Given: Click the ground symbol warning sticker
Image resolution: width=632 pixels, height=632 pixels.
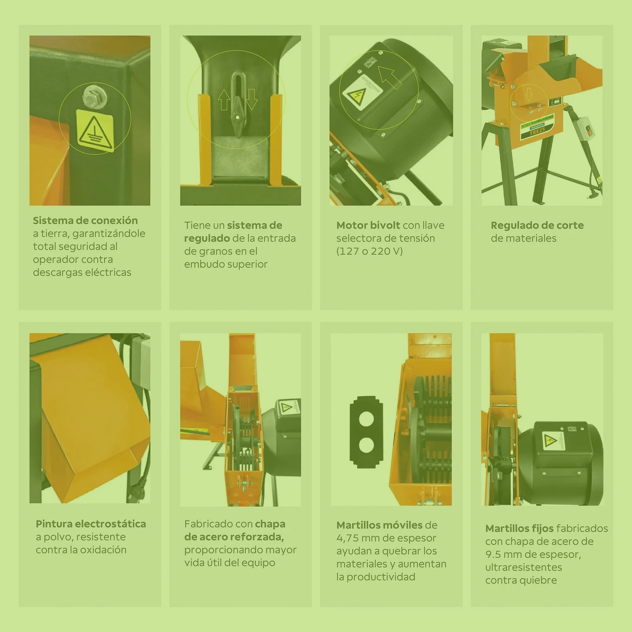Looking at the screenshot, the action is (95, 130).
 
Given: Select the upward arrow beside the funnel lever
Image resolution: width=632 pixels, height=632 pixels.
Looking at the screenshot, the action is (224, 99).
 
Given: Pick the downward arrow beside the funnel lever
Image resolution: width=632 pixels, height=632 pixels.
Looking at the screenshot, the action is (252, 99).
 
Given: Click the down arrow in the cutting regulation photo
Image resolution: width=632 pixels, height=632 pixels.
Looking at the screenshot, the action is (529, 94).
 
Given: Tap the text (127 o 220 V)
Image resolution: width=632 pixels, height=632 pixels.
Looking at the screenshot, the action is (369, 251).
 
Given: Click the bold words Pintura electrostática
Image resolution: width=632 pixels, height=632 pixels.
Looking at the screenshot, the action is (91, 524).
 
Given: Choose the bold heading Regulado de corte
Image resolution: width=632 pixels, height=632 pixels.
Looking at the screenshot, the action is (537, 226).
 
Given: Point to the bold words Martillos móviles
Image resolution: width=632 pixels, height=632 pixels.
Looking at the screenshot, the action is (380, 525).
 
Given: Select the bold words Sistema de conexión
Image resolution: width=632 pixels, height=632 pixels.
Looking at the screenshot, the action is (85, 220).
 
